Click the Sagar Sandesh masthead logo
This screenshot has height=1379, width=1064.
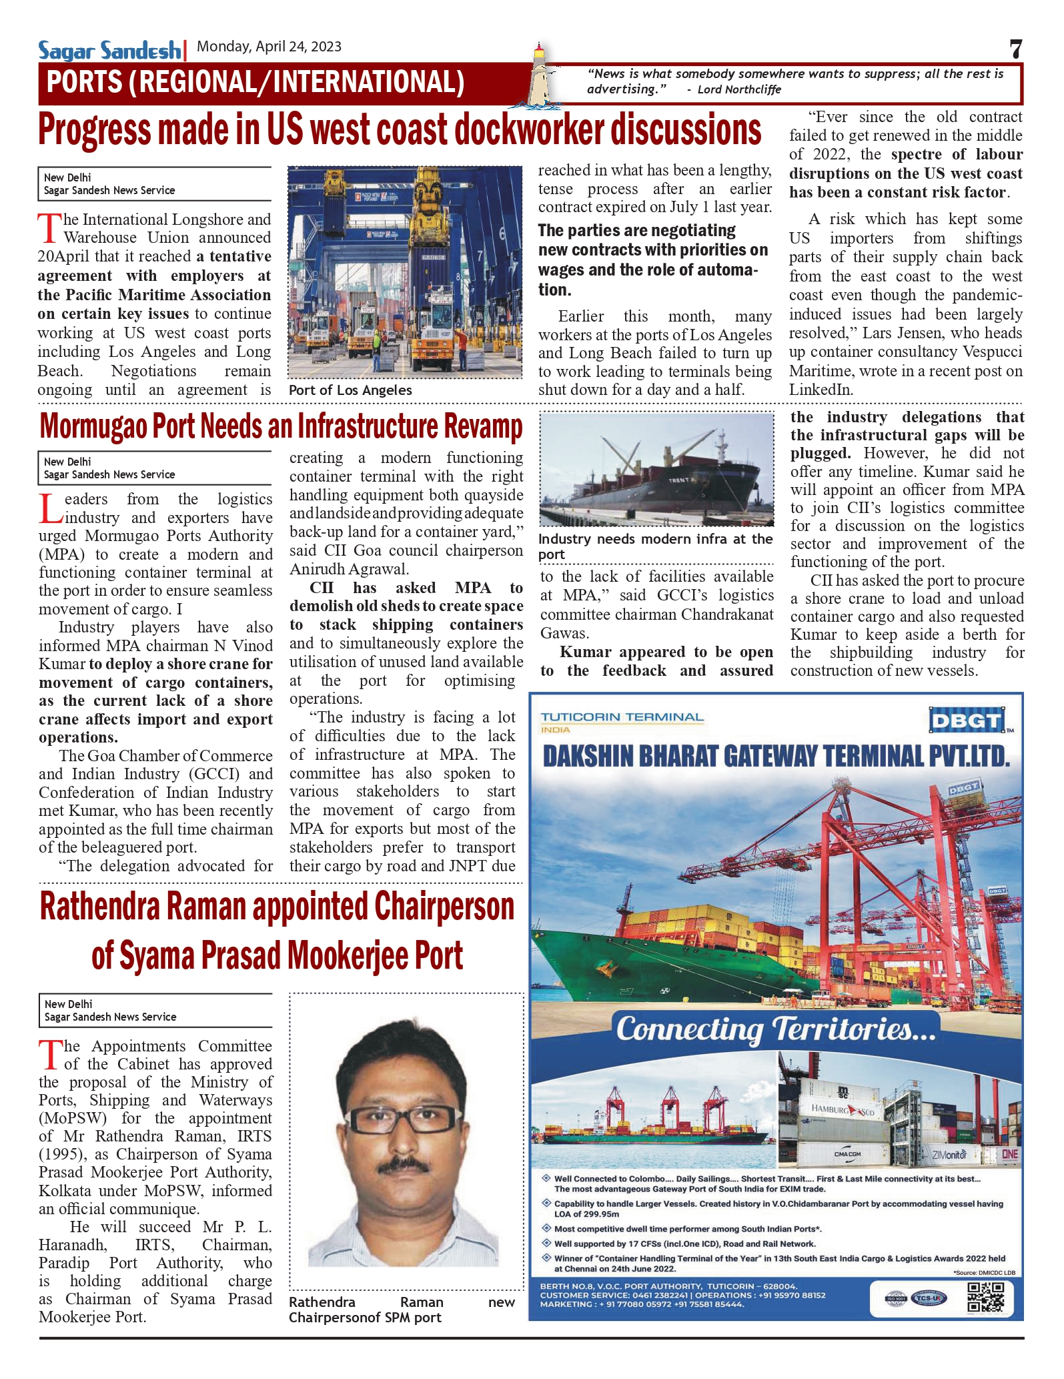[109, 50]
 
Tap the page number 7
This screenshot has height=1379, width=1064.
[1015, 49]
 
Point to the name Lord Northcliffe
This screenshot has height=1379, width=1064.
[738, 90]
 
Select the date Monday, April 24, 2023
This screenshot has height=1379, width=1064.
[269, 47]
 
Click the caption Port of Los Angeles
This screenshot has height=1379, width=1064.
[350, 390]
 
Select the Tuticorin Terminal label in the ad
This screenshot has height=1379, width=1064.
[622, 718]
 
